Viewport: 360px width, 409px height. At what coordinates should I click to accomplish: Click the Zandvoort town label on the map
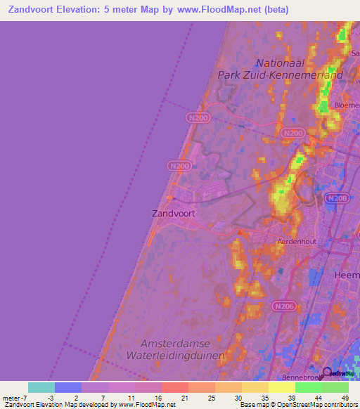click(x=173, y=212)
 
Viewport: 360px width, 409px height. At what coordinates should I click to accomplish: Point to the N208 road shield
click(x=337, y=199)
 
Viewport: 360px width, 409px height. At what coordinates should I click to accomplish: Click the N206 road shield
click(x=283, y=306)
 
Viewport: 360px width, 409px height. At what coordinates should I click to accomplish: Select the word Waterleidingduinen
click(x=181, y=356)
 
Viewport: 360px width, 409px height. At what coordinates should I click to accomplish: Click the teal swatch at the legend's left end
click(x=41, y=387)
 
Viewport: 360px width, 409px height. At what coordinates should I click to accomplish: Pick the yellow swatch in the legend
click(x=281, y=387)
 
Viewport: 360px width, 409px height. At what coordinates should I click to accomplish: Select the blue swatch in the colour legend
click(x=68, y=387)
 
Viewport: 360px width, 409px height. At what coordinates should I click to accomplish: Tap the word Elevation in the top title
click(x=86, y=10)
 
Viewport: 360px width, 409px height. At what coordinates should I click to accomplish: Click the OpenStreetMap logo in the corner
click(x=337, y=374)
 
